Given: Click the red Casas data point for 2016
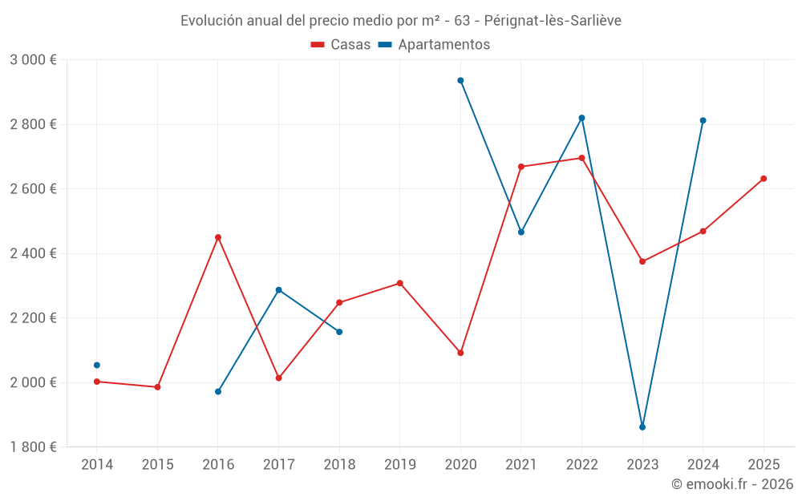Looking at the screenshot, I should (x=218, y=237).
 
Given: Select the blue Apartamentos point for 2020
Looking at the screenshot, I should (x=460, y=80).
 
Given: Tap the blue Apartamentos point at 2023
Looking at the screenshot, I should (x=642, y=427).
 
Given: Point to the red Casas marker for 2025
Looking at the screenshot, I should (x=764, y=179).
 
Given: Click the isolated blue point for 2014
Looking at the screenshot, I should (x=97, y=365).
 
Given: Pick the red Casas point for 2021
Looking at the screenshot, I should (x=521, y=167).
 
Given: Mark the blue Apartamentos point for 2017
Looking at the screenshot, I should (x=279, y=290).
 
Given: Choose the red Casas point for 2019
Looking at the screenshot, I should (x=400, y=283).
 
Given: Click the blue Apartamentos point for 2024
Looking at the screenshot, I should (x=703, y=120).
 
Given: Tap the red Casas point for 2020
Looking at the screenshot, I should (x=460, y=353).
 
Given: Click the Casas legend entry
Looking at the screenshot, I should (x=341, y=45).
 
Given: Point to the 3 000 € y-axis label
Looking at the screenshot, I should (x=33, y=60).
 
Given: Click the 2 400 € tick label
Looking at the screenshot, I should (x=33, y=253).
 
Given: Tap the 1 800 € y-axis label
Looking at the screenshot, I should (x=33, y=447).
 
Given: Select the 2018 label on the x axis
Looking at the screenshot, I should (x=339, y=465).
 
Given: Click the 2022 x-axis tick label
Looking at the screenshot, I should (x=581, y=465).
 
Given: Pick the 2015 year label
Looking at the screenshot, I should (x=157, y=465).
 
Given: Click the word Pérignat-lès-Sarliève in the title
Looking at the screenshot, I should (x=553, y=21).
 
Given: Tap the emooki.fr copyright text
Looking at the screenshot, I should (x=731, y=484).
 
